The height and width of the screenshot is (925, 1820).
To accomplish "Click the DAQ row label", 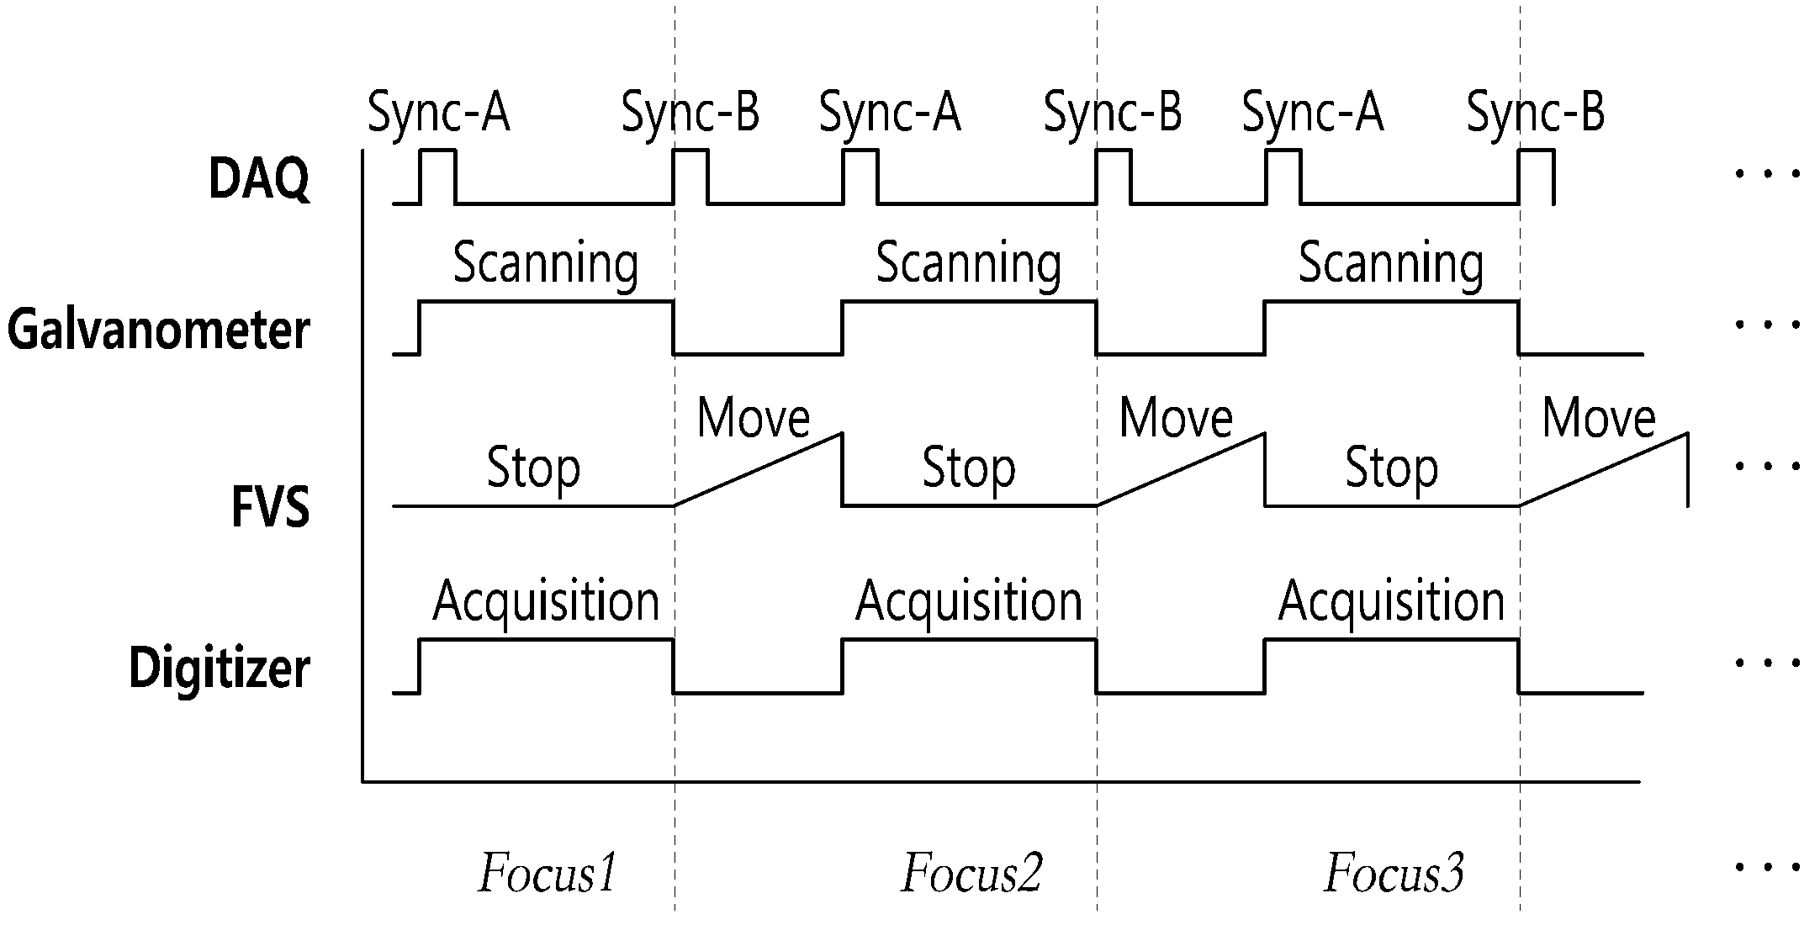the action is (259, 179).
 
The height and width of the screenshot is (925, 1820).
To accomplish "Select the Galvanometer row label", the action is (159, 330).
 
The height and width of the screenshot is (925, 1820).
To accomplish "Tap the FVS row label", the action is (271, 507).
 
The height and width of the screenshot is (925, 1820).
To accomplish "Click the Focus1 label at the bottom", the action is (548, 873).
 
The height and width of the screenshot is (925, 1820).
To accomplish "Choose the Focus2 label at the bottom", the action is (972, 873).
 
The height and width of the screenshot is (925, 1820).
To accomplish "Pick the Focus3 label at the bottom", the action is (1394, 873).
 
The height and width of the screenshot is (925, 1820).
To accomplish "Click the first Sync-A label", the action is (439, 114).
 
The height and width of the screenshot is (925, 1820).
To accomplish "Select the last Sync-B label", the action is (1536, 114).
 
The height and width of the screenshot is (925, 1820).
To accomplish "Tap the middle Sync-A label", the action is (890, 114).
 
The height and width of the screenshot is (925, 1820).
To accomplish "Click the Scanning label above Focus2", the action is (969, 264).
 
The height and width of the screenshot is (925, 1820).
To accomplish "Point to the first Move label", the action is (754, 417).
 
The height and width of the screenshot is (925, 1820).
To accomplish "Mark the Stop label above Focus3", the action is (1392, 469).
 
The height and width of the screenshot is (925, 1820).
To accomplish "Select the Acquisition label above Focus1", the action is (547, 602).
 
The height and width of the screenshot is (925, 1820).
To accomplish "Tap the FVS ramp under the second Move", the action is (1181, 469).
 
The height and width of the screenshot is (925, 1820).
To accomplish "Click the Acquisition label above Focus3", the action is (1392, 602).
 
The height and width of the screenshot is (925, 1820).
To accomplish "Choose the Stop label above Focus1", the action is (534, 469).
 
